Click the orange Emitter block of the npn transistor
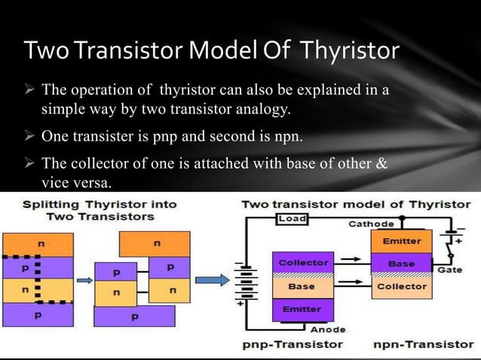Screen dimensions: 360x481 coord(402,241)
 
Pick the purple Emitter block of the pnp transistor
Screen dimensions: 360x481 coord(301,310)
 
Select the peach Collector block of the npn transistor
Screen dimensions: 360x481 coord(402,286)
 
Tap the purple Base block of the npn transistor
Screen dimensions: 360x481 coord(402,264)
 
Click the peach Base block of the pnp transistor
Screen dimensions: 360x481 coord(301,286)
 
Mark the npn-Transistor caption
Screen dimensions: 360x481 coord(424,345)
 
